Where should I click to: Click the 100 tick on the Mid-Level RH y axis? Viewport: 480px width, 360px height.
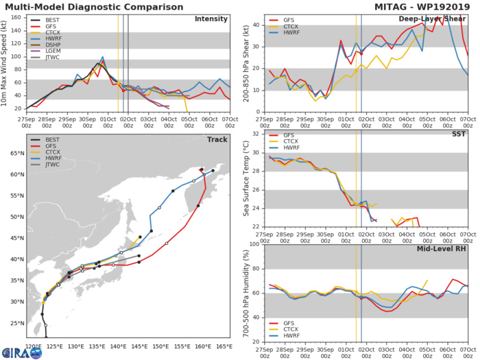pos(256,244)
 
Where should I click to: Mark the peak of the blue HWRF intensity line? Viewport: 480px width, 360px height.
pos(102,58)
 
